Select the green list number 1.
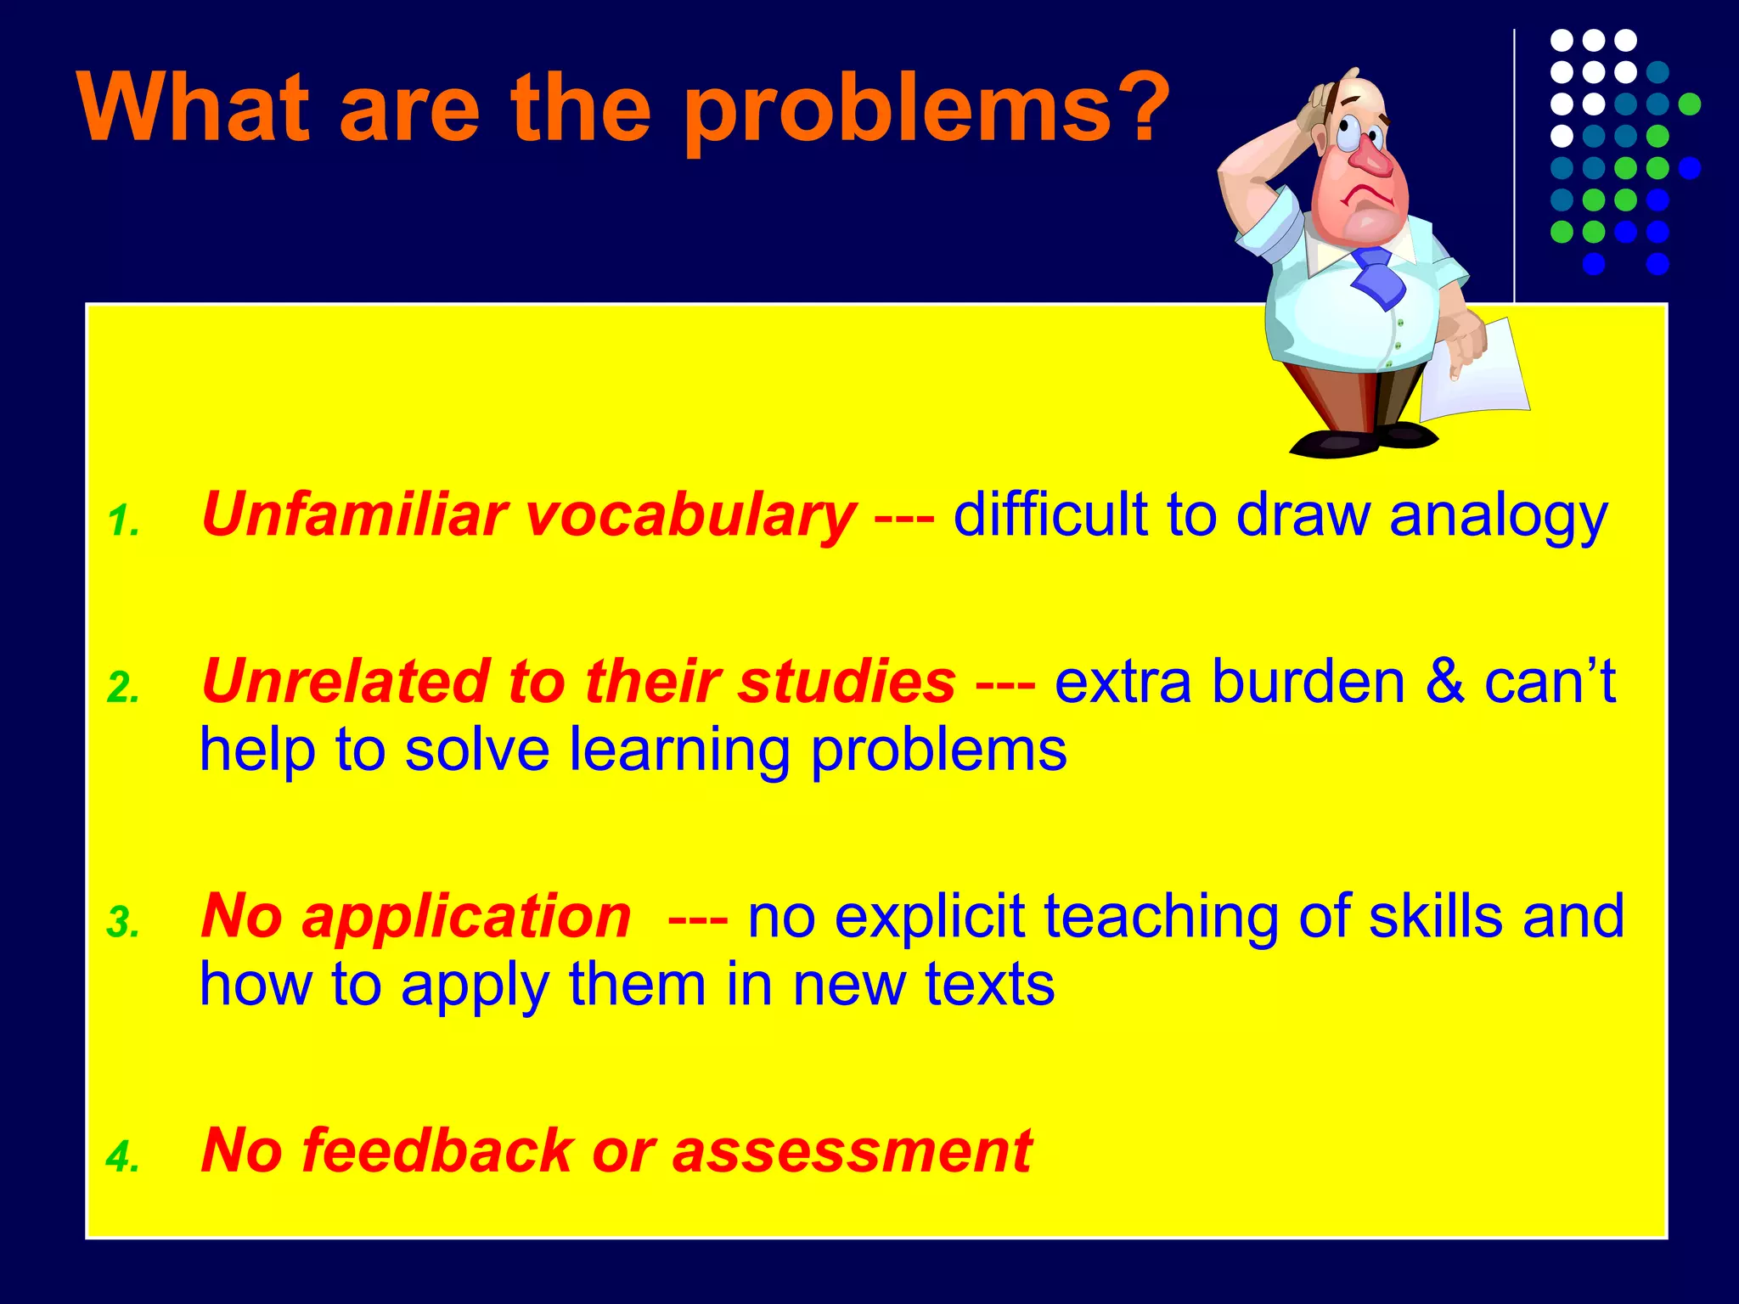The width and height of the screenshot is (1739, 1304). click(123, 521)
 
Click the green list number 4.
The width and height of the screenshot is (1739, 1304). click(123, 1157)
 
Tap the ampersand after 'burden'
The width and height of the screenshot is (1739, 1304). click(1444, 682)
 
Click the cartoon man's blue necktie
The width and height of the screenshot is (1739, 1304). click(1377, 276)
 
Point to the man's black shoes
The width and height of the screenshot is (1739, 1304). click(1359, 441)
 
